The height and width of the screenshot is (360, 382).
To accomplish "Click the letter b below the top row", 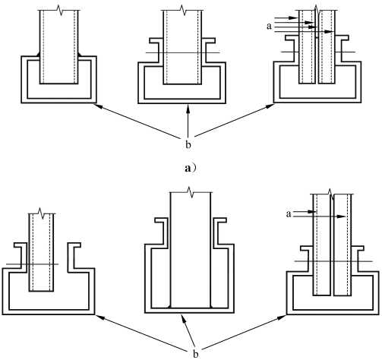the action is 188,144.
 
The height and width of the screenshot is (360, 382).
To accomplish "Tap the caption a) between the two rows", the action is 191,168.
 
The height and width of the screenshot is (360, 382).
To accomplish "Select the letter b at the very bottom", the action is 196,354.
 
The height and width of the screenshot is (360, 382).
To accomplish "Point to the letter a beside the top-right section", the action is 269,26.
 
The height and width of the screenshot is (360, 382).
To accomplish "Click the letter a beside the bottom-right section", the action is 289,214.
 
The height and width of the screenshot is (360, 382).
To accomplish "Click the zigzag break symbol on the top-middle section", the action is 183,10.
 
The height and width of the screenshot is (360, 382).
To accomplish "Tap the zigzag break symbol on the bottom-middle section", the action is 191,192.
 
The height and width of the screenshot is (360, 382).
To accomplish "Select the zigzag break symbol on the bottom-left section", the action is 42,213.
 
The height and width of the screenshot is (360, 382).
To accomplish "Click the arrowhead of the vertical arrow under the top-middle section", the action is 188,108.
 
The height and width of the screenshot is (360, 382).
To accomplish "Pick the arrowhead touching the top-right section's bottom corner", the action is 270,106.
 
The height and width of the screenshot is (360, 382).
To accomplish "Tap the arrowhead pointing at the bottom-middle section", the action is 183,317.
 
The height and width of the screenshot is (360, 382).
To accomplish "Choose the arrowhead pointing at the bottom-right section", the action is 283,317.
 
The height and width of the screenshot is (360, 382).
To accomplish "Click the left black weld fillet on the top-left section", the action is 39,54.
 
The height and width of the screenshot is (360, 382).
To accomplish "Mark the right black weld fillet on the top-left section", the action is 80,54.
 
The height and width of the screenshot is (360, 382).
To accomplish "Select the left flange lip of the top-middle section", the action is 155,40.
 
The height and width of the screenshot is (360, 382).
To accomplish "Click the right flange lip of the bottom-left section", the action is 74,245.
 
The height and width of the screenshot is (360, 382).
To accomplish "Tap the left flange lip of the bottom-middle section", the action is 161,220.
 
